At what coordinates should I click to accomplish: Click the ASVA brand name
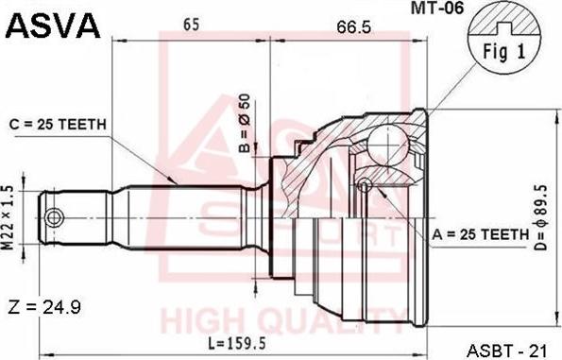53,26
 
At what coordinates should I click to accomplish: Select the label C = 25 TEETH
57,125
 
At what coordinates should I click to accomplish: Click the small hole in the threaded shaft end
55,217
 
